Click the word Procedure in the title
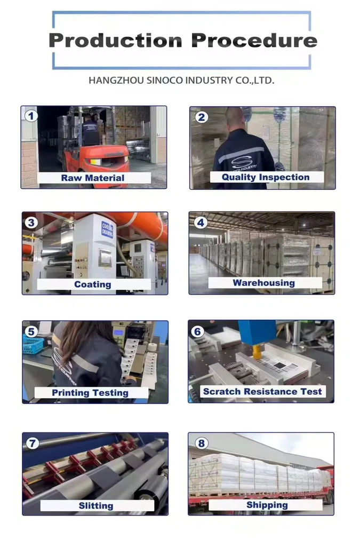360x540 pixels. tap(254, 41)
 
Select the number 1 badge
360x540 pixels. tap(31, 116)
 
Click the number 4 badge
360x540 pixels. tap(200, 222)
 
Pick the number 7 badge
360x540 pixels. tap(33, 443)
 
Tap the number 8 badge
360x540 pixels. tap(201, 443)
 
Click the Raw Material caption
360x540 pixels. tap(93, 178)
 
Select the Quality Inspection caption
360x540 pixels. tap(265, 177)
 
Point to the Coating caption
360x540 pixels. tap(93, 284)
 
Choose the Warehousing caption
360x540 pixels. tap(263, 283)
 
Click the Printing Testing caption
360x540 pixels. tap(90, 393)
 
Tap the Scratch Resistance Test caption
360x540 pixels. tap(262, 392)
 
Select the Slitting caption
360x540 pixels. tap(95, 505)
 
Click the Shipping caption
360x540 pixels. tap(267, 505)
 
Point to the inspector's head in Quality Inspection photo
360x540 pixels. tap(234, 117)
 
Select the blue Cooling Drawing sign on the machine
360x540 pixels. tap(107, 230)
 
